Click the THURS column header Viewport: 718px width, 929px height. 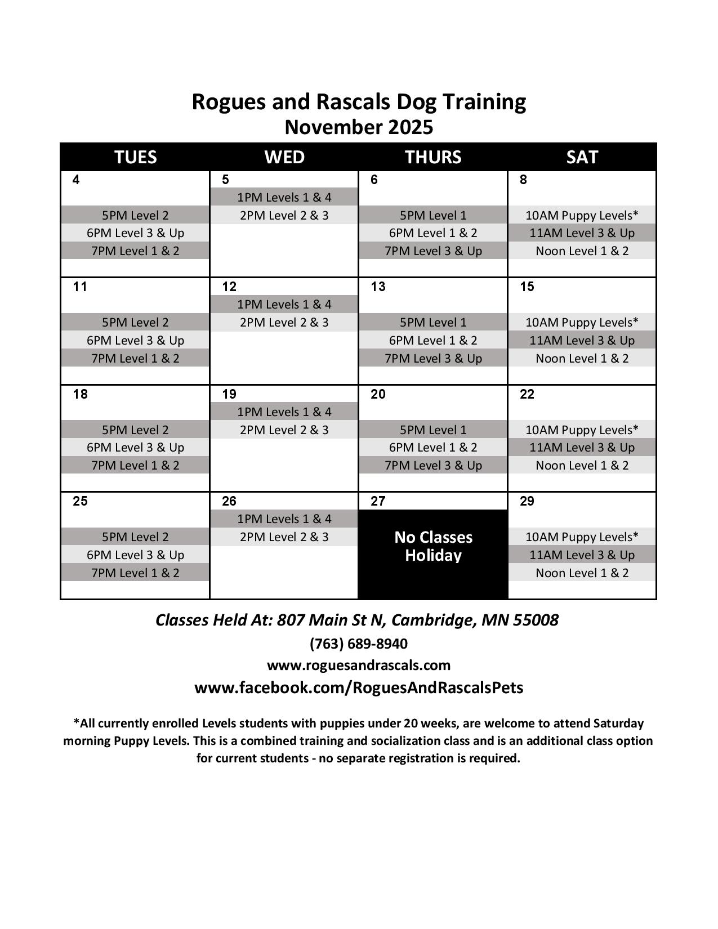tap(433, 157)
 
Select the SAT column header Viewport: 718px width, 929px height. tap(582, 157)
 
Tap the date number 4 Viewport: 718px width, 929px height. tap(76, 180)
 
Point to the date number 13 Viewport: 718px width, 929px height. tap(378, 287)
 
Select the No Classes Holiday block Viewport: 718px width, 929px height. tap(433, 546)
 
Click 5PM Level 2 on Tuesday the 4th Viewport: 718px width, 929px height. tap(135, 215)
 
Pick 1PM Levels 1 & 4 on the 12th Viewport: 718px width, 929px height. tap(284, 305)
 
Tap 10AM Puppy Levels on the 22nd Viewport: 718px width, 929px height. tap(582, 430)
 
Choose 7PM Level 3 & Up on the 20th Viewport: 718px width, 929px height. tap(433, 466)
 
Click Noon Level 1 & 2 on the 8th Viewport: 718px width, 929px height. tap(582, 251)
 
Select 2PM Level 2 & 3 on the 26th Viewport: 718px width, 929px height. tap(284, 537)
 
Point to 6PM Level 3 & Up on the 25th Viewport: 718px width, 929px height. tap(135, 555)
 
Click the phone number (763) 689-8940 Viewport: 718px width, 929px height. tap(359, 644)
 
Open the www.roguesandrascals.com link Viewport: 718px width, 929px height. tap(359, 666)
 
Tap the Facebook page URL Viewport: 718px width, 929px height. tap(359, 688)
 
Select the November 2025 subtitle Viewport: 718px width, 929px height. tap(359, 127)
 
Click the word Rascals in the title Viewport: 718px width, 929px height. tap(353, 102)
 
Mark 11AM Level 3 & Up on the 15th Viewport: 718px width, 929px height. tap(582, 341)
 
